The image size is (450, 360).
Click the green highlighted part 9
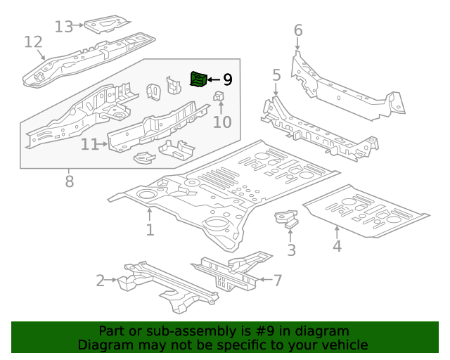199,79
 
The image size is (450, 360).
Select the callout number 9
227,80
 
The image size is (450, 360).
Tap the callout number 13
64,27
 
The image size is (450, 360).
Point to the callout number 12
33,42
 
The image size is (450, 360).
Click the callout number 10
221,122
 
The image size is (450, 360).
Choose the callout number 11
89,144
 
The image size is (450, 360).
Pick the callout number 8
69,181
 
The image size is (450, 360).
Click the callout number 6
297,30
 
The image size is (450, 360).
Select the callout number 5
276,75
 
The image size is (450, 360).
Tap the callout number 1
150,230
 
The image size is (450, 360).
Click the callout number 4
337,245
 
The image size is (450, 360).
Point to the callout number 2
101,281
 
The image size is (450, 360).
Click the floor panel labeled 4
366,211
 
